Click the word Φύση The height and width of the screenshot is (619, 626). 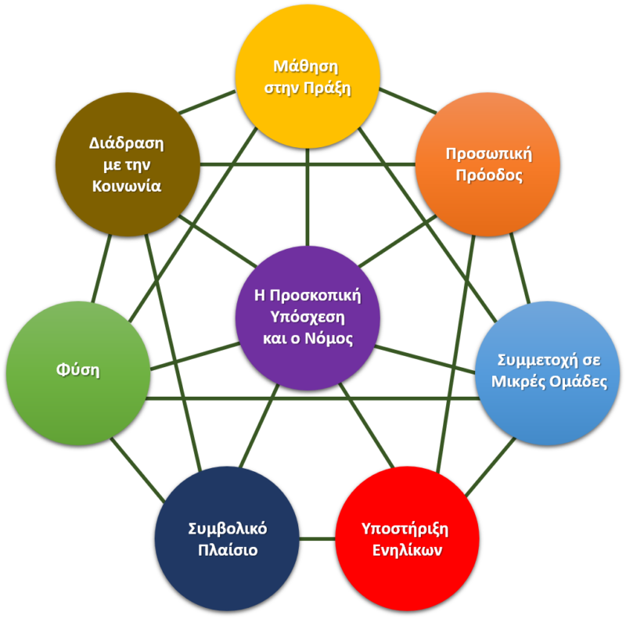coord(78,369)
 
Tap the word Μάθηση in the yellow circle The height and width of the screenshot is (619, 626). coord(308,65)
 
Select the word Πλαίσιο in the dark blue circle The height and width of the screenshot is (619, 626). coord(228,550)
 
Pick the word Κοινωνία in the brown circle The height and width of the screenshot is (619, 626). coord(126,186)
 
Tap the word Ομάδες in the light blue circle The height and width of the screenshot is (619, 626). coord(577,383)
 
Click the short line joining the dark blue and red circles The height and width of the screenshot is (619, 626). coord(317,538)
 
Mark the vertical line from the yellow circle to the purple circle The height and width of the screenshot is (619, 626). coord(308,196)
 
